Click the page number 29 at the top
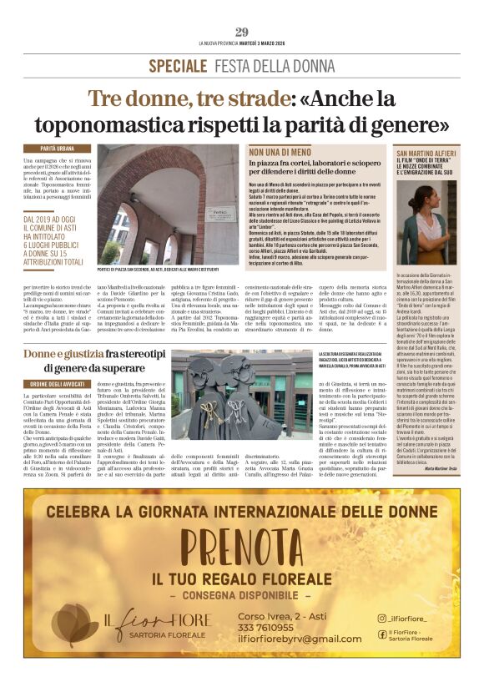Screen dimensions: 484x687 click(x=241, y=33)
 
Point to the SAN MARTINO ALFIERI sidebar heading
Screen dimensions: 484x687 click(x=427, y=154)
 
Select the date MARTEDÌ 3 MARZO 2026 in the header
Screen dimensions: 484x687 click(x=259, y=43)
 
